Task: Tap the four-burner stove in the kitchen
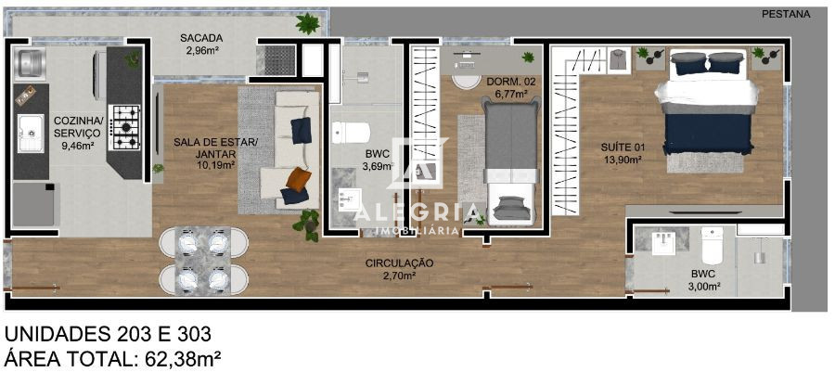(125, 127)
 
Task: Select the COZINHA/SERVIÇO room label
(78, 126)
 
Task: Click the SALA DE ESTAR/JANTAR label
(204, 148)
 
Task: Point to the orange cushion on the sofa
(297, 178)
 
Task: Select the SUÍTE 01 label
(623, 148)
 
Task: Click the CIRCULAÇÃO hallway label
(399, 263)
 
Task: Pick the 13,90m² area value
(623, 160)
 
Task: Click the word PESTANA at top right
(785, 14)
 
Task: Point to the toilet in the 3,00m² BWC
(712, 248)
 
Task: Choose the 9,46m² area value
(78, 145)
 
